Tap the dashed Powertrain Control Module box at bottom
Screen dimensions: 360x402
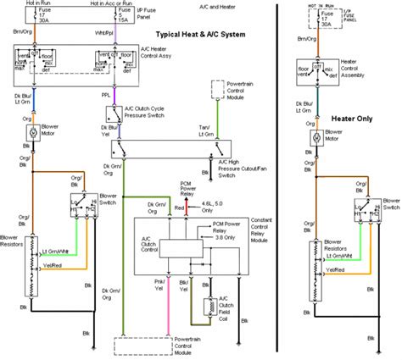201,346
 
